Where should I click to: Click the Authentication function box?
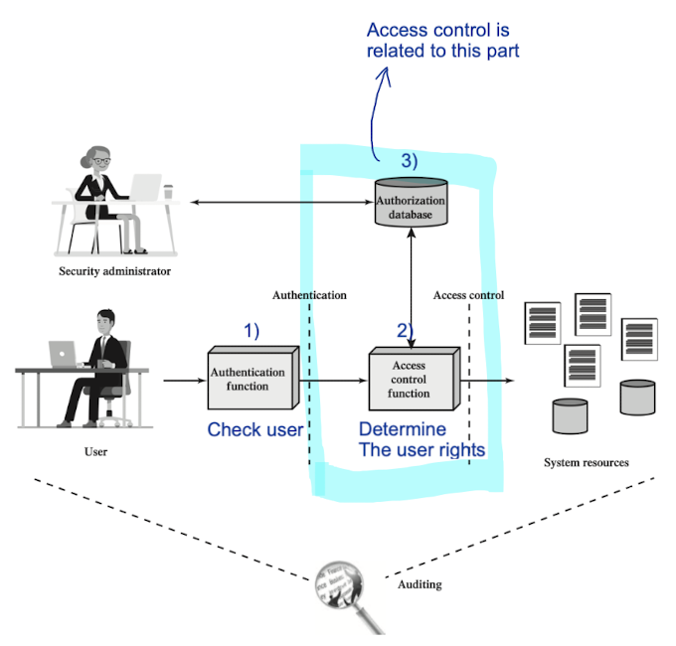coord(249,379)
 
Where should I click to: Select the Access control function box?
coord(410,379)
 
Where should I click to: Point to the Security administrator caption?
coord(115,270)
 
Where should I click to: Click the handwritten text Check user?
coord(254,429)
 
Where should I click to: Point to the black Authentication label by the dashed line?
coord(309,295)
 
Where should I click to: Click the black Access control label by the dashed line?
coord(468,295)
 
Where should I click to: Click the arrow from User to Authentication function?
coord(183,380)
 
